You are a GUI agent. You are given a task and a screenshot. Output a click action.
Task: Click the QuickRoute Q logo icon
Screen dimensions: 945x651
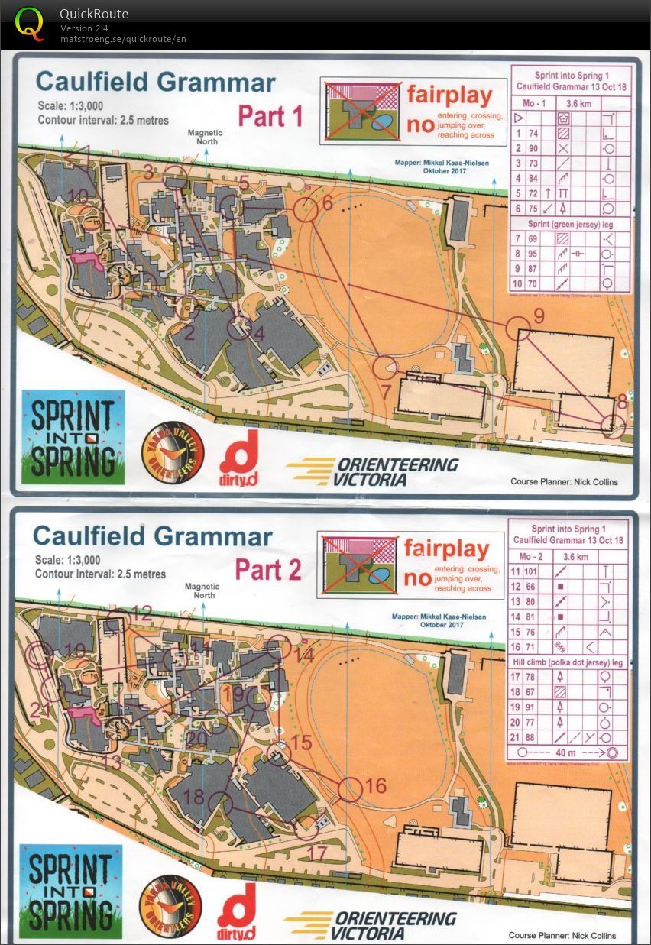pyautogui.click(x=30, y=22)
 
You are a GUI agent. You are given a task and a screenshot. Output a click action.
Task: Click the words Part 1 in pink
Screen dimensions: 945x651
pyautogui.click(x=270, y=116)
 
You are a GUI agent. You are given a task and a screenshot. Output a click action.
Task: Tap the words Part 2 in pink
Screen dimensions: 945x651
pyautogui.click(x=267, y=569)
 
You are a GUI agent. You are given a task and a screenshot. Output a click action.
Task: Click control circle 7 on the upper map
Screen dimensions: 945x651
pyautogui.click(x=386, y=367)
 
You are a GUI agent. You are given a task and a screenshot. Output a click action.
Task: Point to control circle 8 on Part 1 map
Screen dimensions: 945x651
pyautogui.click(x=613, y=426)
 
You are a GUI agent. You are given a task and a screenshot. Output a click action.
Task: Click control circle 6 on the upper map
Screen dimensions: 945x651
pyautogui.click(x=306, y=209)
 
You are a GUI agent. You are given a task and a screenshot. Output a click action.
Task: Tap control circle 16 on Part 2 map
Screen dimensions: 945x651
pyautogui.click(x=351, y=789)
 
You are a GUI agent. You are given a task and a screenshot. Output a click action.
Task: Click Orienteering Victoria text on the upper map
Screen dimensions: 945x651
pyautogui.click(x=373, y=471)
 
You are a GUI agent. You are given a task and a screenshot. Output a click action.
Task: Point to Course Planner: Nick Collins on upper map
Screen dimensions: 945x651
pyautogui.click(x=564, y=482)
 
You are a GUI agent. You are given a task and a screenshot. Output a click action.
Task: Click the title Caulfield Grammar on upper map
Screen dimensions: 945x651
pyautogui.click(x=156, y=81)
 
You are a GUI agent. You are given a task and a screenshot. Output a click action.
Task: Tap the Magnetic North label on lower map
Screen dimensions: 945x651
pyautogui.click(x=202, y=591)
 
